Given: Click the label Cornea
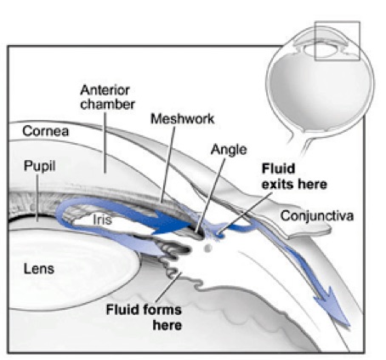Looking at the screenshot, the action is tap(46, 131).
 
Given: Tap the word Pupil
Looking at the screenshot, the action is tap(39, 166).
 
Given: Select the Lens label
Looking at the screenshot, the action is tap(39, 269).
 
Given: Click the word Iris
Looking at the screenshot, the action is tap(102, 220).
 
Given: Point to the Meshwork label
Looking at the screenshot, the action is tap(182, 119).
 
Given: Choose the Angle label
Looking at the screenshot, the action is tap(229, 150).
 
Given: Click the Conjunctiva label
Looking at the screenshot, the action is tap(317, 216).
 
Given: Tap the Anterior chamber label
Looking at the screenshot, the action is tap(107, 97).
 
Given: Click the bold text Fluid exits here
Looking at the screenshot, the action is tap(294, 176).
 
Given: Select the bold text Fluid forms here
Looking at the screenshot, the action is tap(144, 317).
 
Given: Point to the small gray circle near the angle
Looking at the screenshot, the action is tap(208, 249).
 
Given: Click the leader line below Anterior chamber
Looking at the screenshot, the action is tap(105, 143).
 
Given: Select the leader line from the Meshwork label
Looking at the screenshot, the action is tap(167, 165).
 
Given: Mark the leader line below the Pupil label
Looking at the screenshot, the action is tap(37, 197).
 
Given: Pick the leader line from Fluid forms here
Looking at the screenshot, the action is tap(168, 287).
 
